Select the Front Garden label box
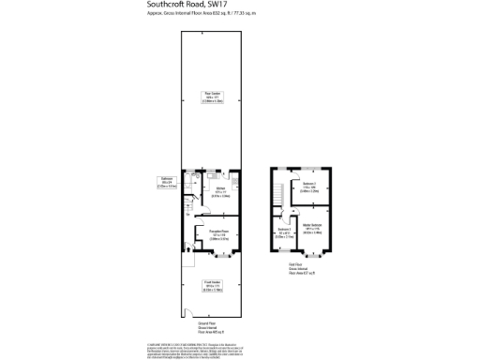click(x=212, y=284)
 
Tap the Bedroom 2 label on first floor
click(x=310, y=186)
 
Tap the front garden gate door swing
click(x=188, y=314)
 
